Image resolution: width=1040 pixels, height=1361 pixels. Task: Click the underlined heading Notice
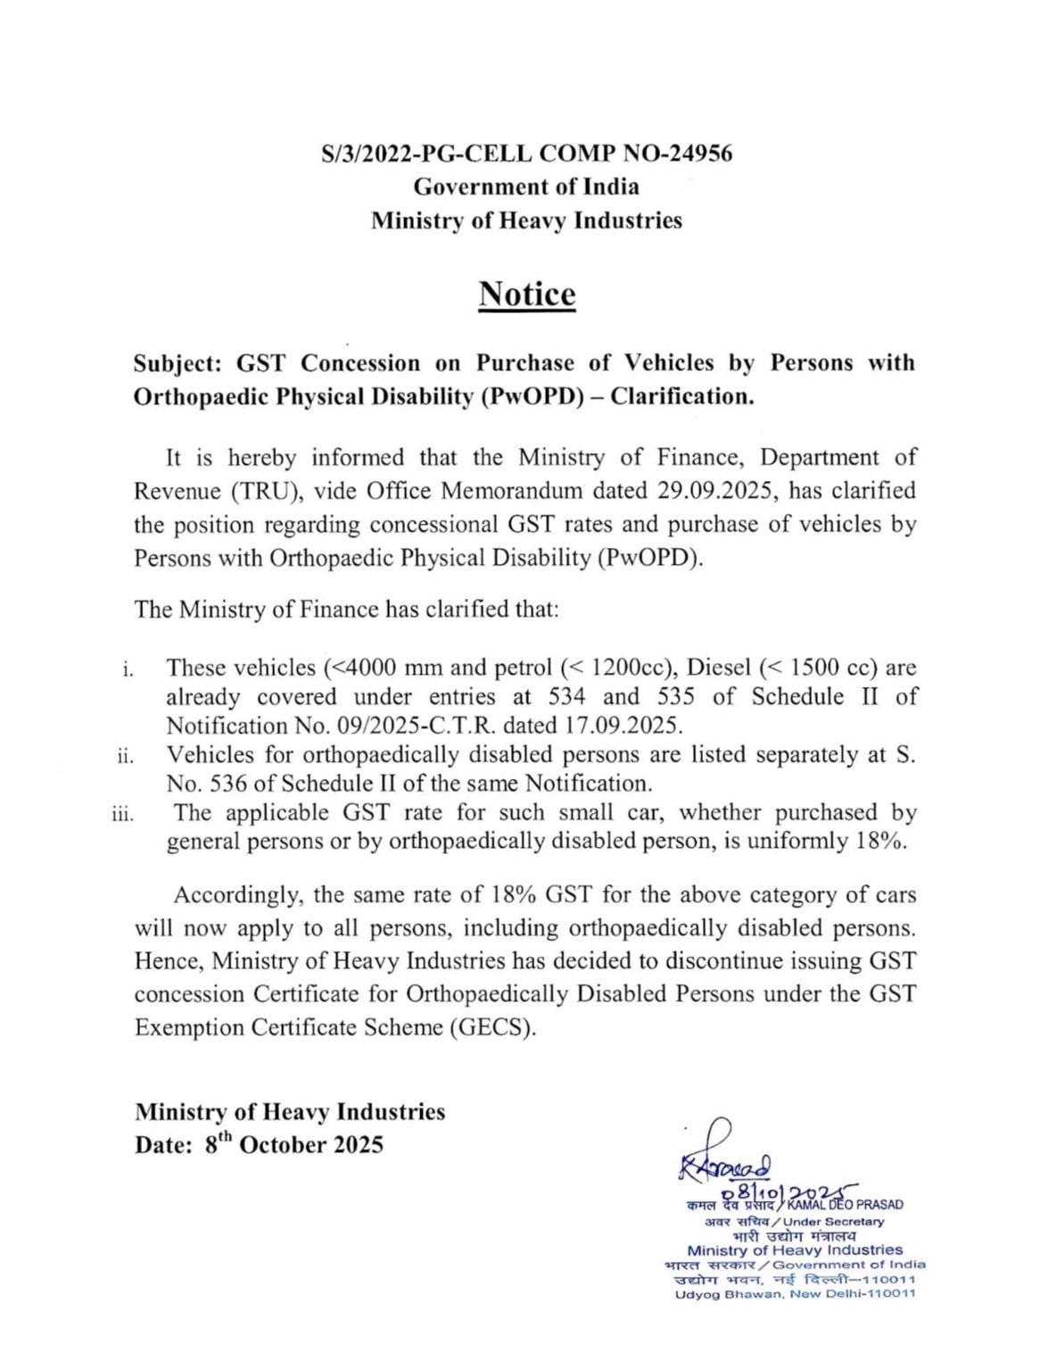coord(526,294)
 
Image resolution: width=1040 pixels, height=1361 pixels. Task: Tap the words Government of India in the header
coord(526,187)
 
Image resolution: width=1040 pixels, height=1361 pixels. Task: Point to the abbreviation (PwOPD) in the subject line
coord(532,396)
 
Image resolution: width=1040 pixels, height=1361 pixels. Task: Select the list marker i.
coord(128,668)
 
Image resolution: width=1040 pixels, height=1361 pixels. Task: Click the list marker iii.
coord(123,814)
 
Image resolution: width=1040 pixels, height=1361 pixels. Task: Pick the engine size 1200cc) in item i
coord(631,668)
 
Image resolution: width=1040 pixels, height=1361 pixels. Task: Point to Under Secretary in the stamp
coord(833,1222)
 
